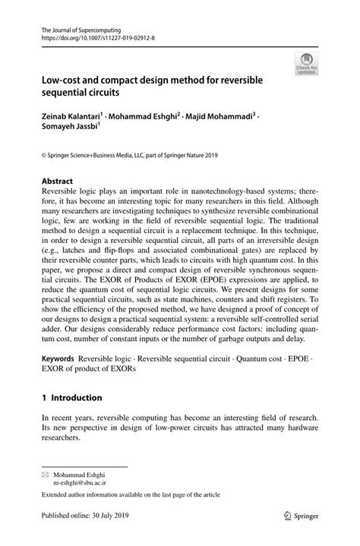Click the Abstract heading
pyautogui.click(x=58, y=181)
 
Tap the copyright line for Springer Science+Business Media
pyautogui.click(x=129, y=156)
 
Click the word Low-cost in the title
pyautogui.click(x=62, y=78)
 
